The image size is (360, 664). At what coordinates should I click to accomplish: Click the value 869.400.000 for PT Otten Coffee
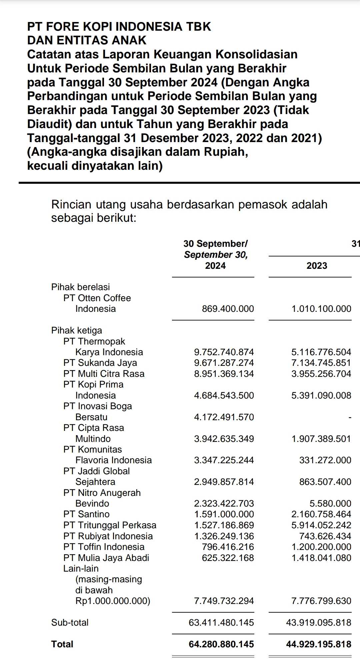(228, 309)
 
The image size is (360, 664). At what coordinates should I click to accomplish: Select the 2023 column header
(317, 266)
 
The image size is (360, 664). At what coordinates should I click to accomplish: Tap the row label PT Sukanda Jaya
(100, 363)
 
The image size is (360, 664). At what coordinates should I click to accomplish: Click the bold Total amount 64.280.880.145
(221, 644)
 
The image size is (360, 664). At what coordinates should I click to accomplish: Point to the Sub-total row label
(70, 622)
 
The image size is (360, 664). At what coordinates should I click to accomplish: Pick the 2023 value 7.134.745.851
(321, 363)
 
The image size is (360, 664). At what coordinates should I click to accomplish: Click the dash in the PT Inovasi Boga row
(350, 417)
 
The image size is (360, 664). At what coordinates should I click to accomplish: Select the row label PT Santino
(86, 514)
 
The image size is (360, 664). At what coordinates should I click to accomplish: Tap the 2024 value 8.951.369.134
(224, 374)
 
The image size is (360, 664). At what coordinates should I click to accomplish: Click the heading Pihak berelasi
(80, 287)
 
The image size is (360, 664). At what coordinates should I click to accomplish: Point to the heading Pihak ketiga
(77, 330)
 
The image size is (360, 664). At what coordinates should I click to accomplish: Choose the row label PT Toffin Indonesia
(104, 547)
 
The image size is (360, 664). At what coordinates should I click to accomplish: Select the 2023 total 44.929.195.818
(318, 644)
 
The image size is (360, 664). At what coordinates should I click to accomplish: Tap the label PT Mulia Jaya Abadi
(106, 558)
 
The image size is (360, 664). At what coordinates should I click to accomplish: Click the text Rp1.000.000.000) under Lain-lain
(113, 601)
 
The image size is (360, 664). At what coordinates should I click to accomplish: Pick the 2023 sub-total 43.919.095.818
(318, 622)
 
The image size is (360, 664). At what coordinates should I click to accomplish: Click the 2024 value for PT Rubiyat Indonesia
(224, 536)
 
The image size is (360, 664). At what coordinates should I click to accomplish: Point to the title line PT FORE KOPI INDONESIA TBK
(119, 27)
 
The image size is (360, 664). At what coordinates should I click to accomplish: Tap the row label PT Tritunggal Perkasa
(110, 525)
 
